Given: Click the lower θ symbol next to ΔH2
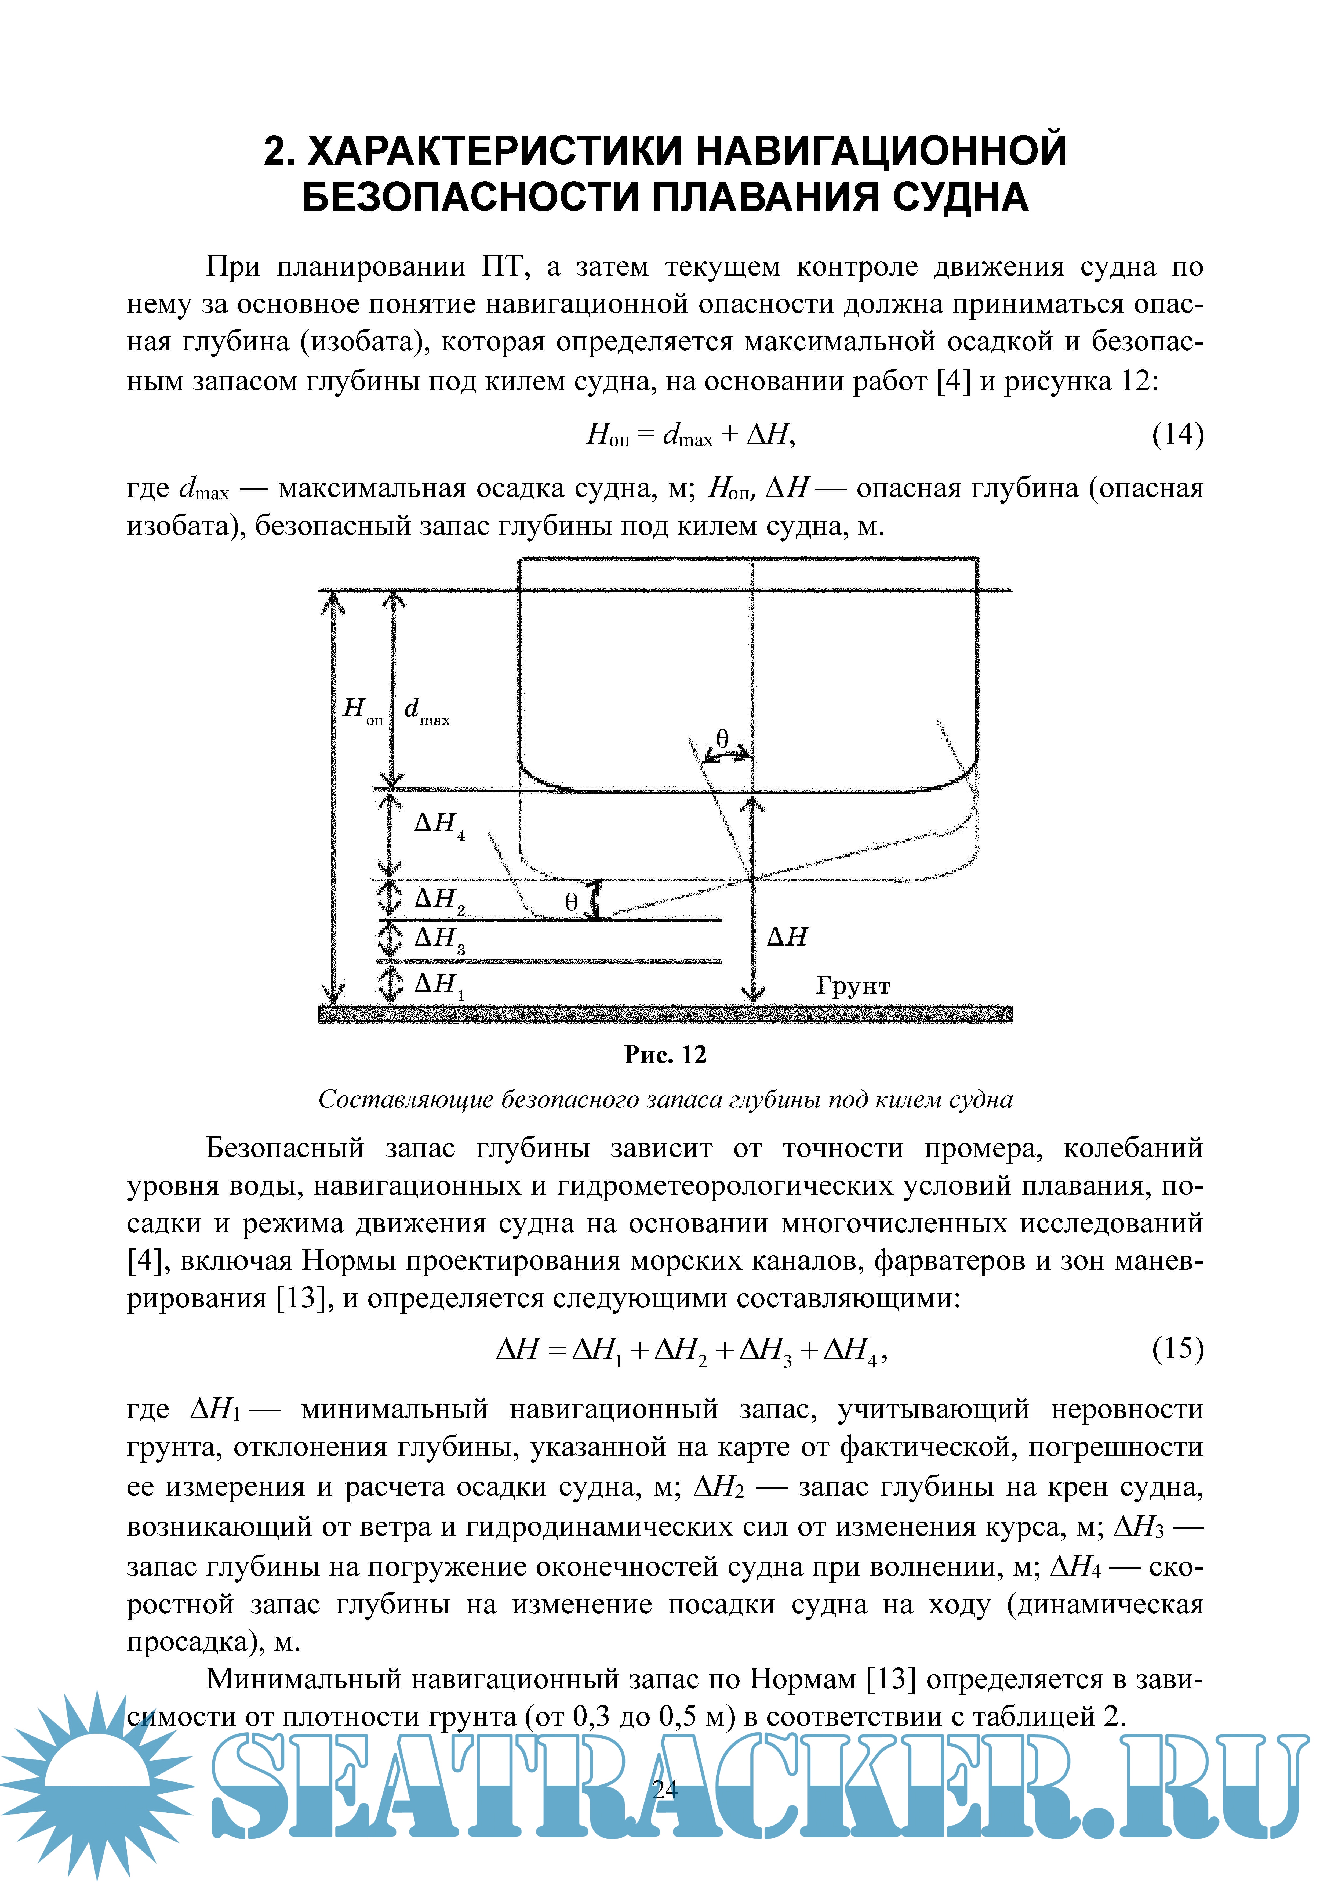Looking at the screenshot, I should click(x=572, y=902).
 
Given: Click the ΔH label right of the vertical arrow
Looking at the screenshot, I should click(x=787, y=937).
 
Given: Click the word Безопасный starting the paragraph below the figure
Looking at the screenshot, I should click(x=285, y=1148).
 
